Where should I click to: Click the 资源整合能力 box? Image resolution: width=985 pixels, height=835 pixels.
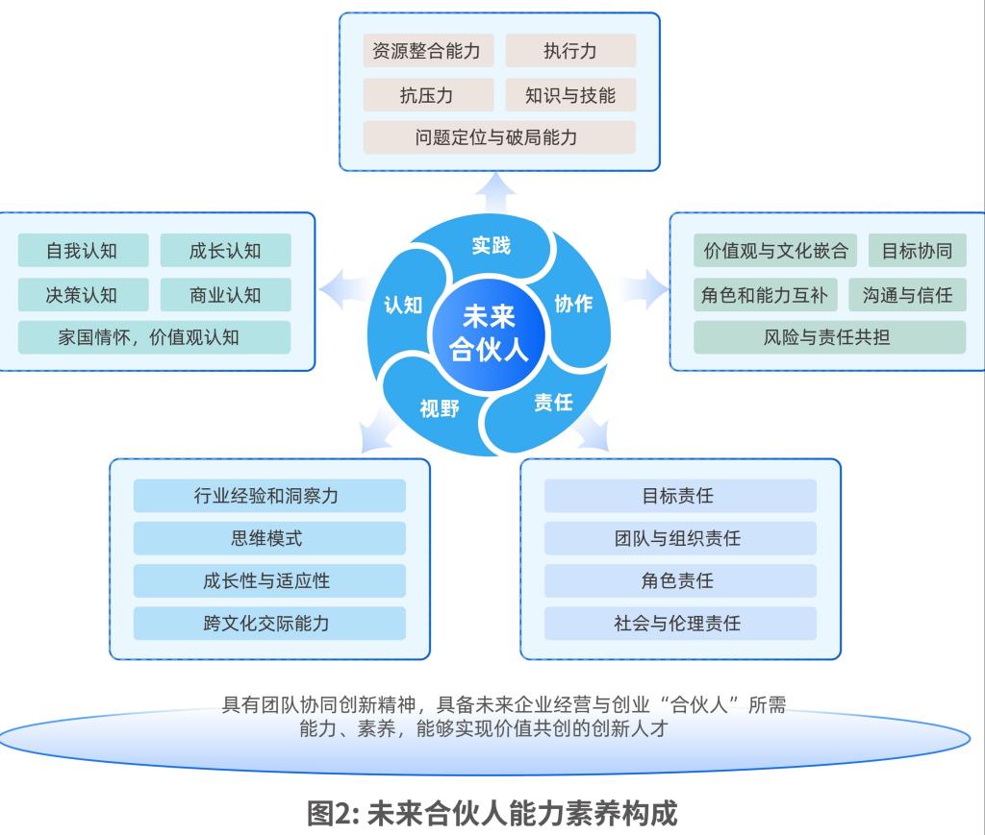point(426,51)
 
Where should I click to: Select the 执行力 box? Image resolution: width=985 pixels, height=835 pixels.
point(570,51)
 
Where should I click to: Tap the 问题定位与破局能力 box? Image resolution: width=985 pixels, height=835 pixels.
point(499,137)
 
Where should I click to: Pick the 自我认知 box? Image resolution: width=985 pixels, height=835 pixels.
point(83,251)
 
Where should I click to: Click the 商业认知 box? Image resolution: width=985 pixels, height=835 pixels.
point(225,295)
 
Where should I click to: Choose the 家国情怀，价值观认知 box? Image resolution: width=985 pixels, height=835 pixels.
point(154,337)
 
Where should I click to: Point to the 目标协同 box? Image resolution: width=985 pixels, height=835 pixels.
point(917,251)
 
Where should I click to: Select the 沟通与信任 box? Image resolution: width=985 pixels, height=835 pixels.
point(907,295)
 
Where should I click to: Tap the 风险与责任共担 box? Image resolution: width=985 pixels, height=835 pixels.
point(829,337)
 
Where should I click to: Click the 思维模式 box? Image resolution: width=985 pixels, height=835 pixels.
point(269,538)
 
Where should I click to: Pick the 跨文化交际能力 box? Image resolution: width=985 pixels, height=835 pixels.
point(269,623)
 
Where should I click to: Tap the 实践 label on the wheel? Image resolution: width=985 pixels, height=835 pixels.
point(491,246)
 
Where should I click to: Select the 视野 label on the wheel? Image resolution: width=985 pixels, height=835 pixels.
point(440,408)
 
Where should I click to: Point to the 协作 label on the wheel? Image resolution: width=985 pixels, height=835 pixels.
point(574,304)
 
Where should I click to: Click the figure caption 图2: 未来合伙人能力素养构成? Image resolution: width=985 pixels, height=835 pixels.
point(492,813)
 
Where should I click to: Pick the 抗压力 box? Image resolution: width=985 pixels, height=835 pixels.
point(426,95)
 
